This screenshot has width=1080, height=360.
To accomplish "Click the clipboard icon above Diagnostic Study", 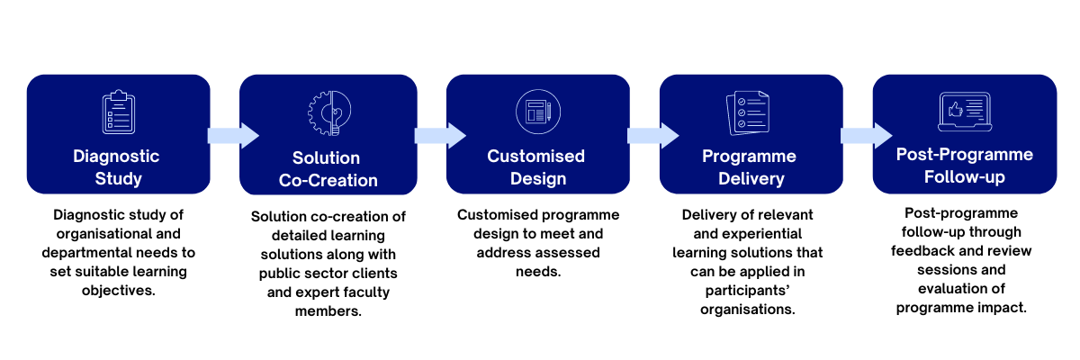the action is pos(119,112).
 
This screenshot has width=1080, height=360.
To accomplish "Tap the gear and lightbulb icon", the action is pos(329,113).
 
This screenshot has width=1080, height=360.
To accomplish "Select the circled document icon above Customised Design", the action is pos(538,112).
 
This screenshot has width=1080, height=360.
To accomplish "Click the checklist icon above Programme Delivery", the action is pos(748,112).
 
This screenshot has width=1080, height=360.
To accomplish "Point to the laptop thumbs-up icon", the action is pos(965,112).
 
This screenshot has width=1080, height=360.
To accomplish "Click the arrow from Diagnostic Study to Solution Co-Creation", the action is pos(233,135).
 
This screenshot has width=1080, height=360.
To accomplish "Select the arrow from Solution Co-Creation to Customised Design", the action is pos(440,135).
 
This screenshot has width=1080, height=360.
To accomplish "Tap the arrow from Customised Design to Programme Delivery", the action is pos(653,135).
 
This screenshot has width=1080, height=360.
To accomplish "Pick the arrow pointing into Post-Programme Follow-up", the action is pos(867,135).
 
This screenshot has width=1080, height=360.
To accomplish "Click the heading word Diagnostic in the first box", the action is pos(116,156).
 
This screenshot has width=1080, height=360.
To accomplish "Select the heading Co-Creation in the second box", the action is pos(328,180).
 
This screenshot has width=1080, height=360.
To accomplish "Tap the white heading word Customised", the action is pos(536,156).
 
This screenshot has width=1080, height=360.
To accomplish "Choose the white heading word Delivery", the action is pos(751,179).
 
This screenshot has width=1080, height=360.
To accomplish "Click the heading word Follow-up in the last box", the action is pos(965,177).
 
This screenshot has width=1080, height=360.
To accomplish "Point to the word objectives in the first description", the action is pos(119,290).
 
